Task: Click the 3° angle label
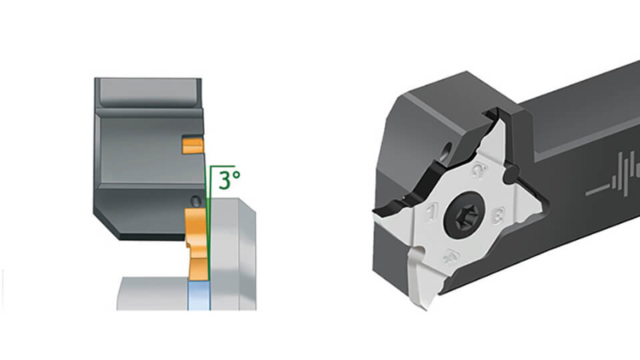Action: pyautogui.click(x=230, y=179)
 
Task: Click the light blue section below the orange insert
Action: pyautogui.click(x=197, y=296)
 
